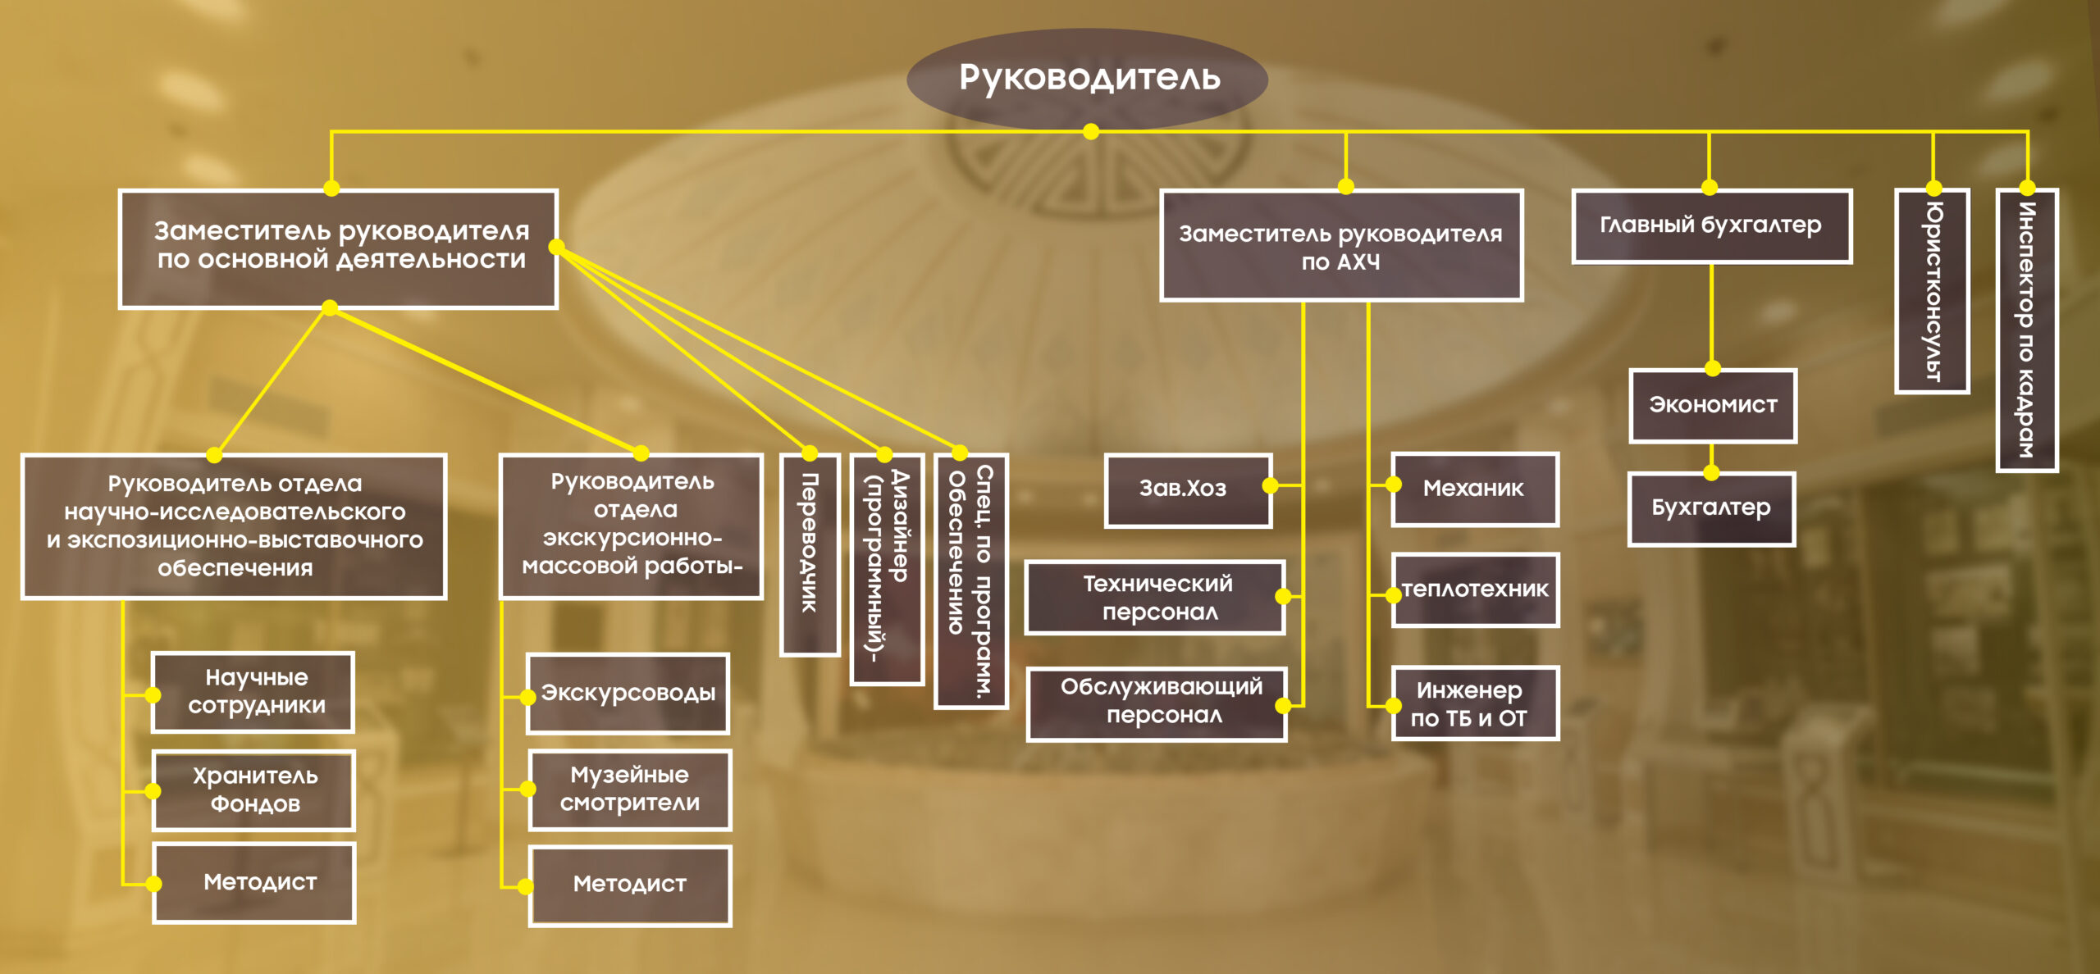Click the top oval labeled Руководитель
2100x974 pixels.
1088,78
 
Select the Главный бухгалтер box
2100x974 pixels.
1711,226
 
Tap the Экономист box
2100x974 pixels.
1713,406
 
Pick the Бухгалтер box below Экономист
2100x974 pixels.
1711,509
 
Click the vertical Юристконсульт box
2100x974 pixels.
1933,292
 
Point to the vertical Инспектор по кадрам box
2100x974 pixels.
2026,330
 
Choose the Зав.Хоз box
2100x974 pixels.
1187,489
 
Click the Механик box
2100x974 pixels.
1475,489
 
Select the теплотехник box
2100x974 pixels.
1475,590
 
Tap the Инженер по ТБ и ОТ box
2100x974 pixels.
1475,703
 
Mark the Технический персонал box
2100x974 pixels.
1155,598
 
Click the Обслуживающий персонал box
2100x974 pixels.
1157,703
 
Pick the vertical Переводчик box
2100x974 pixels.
810,555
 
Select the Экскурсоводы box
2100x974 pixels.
628,694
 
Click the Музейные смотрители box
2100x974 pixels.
630,790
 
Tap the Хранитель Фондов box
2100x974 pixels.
254,790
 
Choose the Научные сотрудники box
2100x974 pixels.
253,693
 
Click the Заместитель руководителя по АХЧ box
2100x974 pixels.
1341,247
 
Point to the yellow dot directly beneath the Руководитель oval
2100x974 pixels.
1091,132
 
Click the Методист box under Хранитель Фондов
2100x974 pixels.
254,883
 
